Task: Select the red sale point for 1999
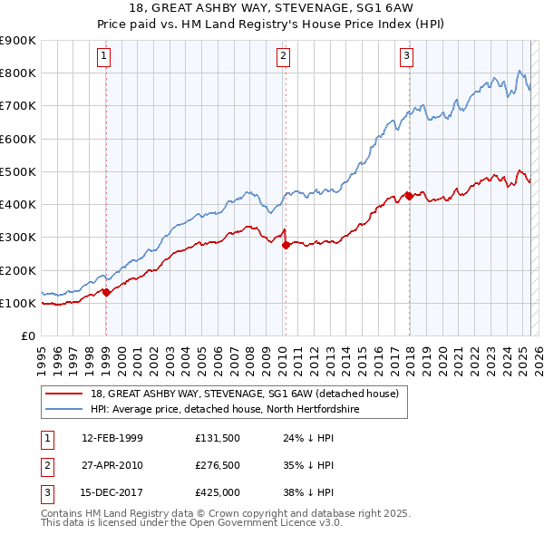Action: pyautogui.click(x=107, y=292)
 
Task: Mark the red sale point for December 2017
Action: pyautogui.click(x=409, y=195)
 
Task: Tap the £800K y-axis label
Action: pyautogui.click(x=18, y=73)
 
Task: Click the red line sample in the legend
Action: pyautogui.click(x=65, y=394)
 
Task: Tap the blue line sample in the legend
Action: pyautogui.click(x=65, y=410)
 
